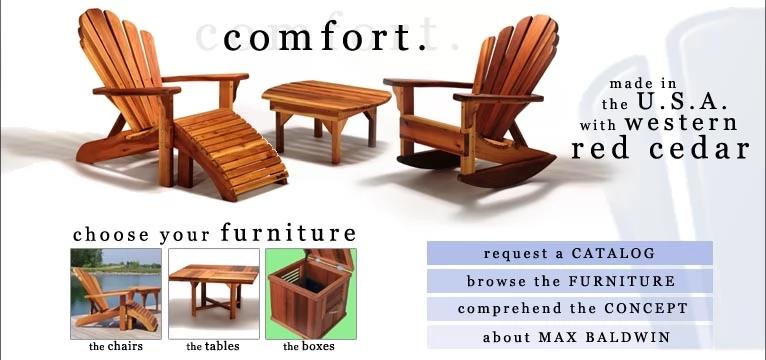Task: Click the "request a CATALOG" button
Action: (570, 253)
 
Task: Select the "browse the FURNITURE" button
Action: (570, 281)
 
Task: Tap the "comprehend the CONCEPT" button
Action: (570, 309)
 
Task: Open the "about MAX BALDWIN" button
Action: (570, 337)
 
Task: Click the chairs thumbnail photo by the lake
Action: (116, 294)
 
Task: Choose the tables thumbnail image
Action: (214, 294)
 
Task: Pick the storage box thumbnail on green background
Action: (311, 294)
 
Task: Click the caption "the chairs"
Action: (116, 346)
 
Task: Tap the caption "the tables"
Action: (213, 346)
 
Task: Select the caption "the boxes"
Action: (309, 346)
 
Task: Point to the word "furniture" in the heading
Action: (288, 232)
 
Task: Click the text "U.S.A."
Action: (682, 102)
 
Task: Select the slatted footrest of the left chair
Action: (230, 154)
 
